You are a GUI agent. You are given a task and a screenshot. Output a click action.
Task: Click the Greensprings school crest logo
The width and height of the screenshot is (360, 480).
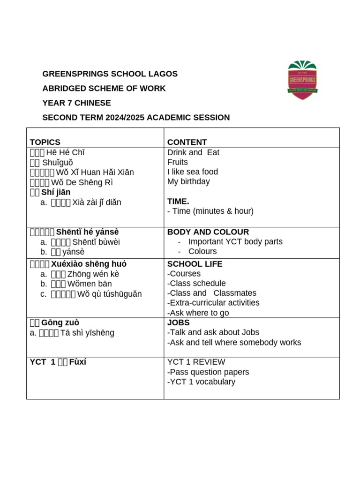tap(302, 80)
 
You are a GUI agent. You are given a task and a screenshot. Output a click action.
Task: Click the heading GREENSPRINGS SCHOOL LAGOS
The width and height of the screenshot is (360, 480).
tap(110, 74)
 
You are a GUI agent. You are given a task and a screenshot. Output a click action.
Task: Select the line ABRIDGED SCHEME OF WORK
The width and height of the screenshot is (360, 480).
tap(104, 89)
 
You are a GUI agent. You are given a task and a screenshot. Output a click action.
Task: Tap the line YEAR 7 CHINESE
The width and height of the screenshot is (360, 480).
tap(76, 103)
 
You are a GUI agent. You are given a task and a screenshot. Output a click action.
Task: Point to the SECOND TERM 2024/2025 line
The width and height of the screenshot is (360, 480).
tap(136, 118)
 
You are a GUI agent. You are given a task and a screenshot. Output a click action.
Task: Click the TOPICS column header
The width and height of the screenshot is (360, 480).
tap(45, 142)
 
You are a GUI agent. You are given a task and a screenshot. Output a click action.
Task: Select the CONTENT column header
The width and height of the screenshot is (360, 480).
tap(187, 142)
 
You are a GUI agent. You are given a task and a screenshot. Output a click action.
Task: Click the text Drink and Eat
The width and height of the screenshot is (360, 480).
tap(193, 152)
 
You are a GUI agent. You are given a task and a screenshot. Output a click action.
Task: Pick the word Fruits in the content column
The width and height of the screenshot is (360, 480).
tap(177, 162)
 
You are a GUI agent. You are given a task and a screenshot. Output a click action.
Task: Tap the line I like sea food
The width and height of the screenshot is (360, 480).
tap(192, 172)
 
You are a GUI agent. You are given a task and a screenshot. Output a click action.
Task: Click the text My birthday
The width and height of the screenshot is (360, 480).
tap(188, 181)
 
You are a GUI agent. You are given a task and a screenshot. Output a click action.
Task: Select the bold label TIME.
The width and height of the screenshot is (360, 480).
tap(178, 201)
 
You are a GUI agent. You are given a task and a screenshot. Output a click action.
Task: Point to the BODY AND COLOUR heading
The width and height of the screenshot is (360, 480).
tap(208, 232)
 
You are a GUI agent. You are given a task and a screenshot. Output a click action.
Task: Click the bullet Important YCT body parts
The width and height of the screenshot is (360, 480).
tap(235, 242)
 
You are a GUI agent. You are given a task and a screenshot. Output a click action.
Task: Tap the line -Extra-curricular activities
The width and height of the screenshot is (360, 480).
tap(213, 303)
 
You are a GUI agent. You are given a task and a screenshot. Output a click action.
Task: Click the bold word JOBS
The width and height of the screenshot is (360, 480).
tap(178, 323)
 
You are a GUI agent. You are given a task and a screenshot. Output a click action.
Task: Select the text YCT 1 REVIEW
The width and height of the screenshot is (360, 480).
tap(196, 362)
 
